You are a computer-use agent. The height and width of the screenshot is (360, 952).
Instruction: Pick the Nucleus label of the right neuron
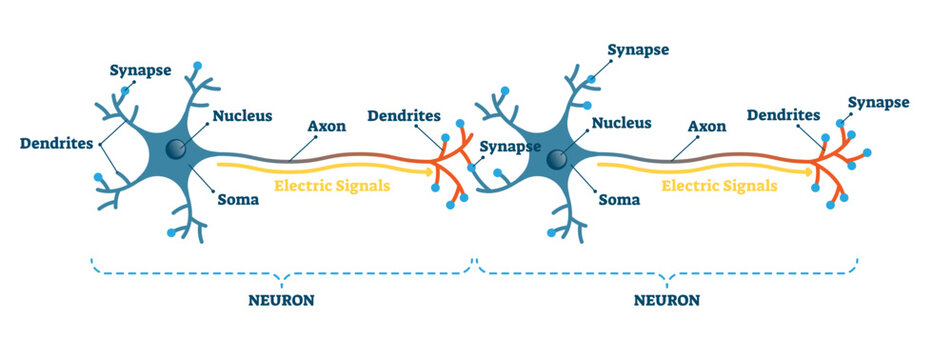coord(623,124)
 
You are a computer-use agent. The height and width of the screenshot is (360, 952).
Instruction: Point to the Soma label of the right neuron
coord(617,199)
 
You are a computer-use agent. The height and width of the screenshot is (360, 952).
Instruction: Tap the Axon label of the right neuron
coord(707,128)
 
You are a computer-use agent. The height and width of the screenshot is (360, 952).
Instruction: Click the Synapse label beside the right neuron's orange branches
coord(879,102)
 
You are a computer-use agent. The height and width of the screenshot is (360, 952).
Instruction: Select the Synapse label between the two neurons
coord(512,147)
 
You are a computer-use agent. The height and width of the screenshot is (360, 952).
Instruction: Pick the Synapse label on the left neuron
coord(140,71)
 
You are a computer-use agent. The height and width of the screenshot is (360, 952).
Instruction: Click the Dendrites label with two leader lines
coord(57,143)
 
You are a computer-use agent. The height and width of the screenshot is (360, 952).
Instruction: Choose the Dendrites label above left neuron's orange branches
coord(404,116)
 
